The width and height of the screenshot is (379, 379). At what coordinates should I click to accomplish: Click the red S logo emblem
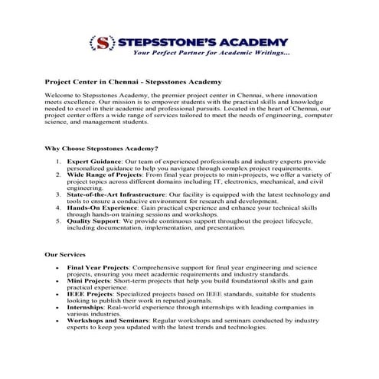pos(100,44)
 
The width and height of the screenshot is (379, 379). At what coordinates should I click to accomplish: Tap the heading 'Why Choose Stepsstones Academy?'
pos(102,148)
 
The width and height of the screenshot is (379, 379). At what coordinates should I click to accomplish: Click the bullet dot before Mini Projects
pos(59,282)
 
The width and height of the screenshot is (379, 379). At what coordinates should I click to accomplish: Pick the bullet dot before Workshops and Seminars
pos(59,321)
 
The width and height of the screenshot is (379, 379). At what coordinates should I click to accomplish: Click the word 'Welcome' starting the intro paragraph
pos(61,94)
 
